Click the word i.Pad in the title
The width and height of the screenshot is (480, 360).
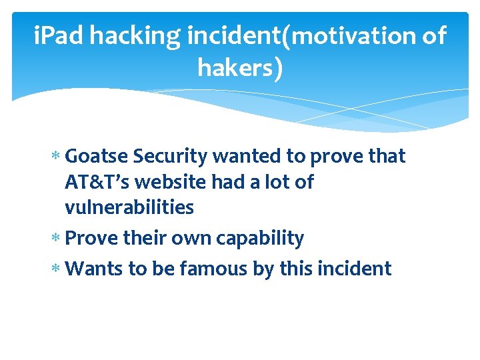coord(59,36)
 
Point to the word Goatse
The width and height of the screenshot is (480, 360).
coord(97,156)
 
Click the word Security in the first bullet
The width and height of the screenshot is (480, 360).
coord(169,156)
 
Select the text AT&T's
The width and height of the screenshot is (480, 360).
coord(97,182)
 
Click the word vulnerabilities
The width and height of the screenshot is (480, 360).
coord(129,207)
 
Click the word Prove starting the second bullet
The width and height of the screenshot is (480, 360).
coord(91,238)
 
